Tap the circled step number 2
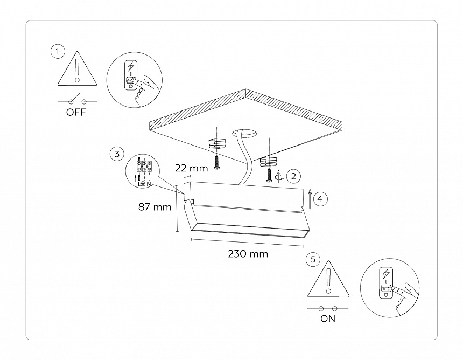pyautogui.click(x=293, y=176)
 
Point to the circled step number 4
pyautogui.click(x=320, y=199)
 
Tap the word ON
pyautogui.click(x=327, y=319)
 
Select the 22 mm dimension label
pyautogui.click(x=192, y=168)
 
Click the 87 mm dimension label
pyautogui.click(x=155, y=207)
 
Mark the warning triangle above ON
pyautogui.click(x=327, y=279)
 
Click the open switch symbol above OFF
pyautogui.click(x=78, y=101)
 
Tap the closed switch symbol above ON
pyautogui.click(x=327, y=308)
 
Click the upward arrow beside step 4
pyautogui.click(x=310, y=198)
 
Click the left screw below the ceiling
pyautogui.click(x=216, y=162)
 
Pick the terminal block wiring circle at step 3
pyautogui.click(x=144, y=171)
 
